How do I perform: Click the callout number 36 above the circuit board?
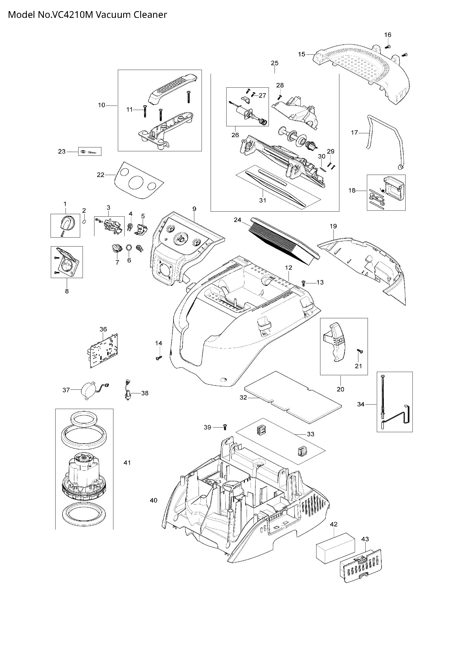pos(103,329)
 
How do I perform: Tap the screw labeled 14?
pos(159,358)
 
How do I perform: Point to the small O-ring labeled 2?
pos(84,222)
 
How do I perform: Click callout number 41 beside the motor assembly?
pos(127,463)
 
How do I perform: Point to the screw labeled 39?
pos(225,427)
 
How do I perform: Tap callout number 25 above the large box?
pos(275,63)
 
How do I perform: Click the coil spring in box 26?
pos(264,122)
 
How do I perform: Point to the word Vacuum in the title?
pos(113,15)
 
